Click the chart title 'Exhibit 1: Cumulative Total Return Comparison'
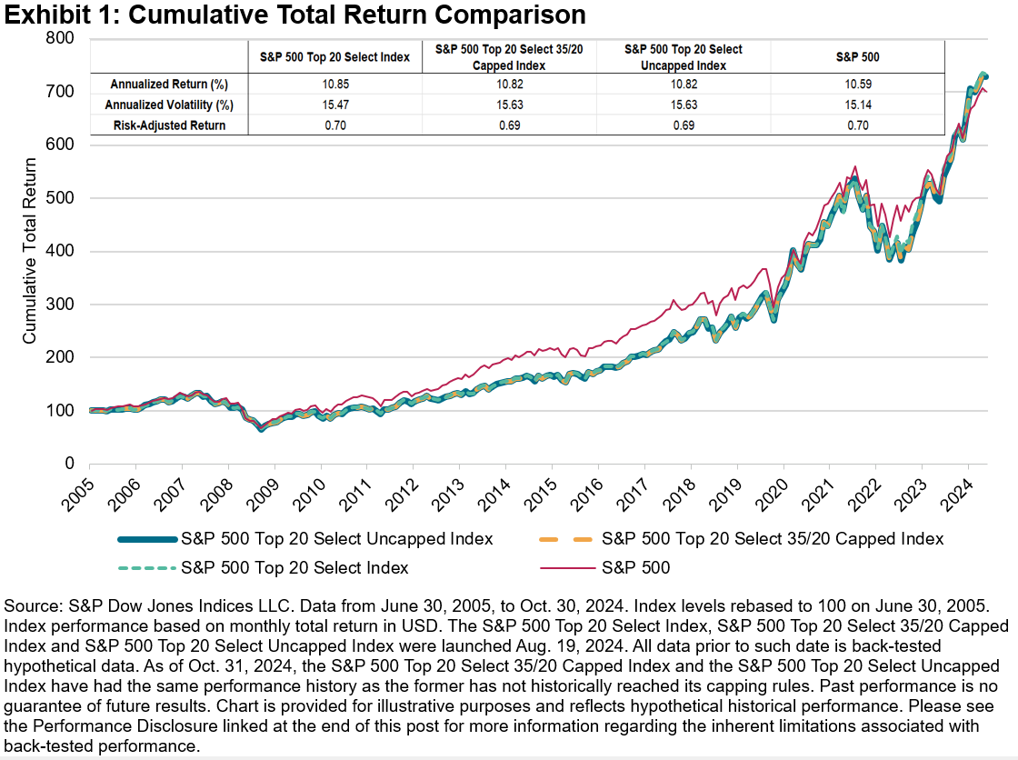coord(293,15)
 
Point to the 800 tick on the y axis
coord(62,38)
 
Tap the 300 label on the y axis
coord(62,305)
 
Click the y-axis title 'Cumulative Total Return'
coord(30,251)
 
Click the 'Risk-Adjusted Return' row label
coord(169,125)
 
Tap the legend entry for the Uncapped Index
coord(337,539)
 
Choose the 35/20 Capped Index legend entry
coord(773,539)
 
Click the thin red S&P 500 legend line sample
coord(564,568)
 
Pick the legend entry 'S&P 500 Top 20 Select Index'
coord(294,568)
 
